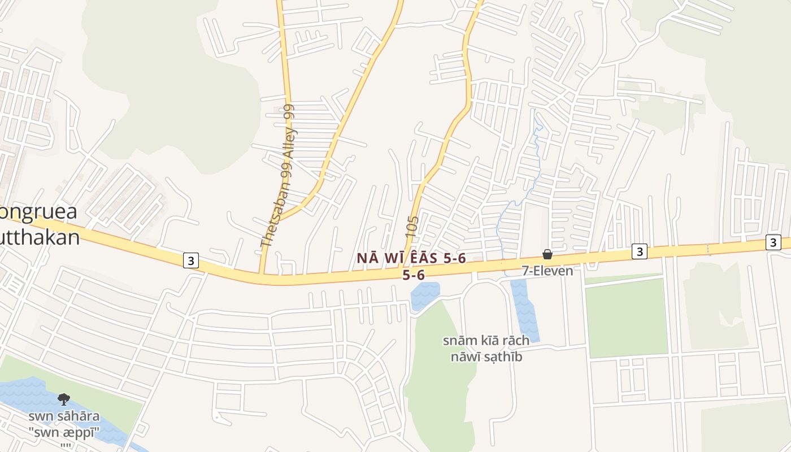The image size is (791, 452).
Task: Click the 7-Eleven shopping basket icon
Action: point(547,255)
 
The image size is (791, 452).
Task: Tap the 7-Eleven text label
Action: point(547,271)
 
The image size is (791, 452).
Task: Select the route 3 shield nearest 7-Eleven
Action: point(639,251)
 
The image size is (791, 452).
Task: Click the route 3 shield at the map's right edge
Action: point(773,242)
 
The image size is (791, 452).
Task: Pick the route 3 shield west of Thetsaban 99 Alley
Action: point(191,260)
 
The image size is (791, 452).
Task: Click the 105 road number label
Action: point(412,226)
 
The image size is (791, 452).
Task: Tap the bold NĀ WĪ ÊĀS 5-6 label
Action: point(411,258)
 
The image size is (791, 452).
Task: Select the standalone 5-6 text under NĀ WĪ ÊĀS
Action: point(413,275)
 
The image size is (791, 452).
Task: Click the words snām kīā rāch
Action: point(486,340)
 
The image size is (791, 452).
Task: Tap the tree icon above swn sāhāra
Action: point(64,399)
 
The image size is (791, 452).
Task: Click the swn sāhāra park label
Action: point(64,417)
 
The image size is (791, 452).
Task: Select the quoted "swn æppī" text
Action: point(64,432)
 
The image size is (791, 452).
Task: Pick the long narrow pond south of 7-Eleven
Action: point(525,311)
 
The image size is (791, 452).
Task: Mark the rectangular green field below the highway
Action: point(626,318)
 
